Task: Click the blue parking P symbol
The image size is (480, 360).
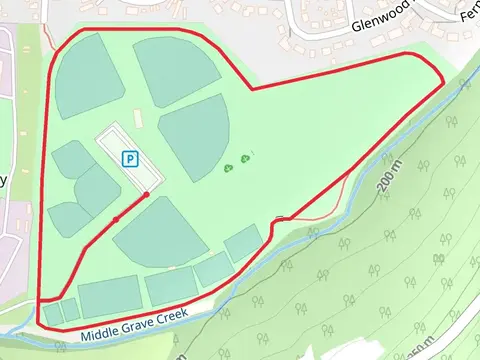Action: coord(129,158)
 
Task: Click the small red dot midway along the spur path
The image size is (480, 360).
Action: coord(117,217)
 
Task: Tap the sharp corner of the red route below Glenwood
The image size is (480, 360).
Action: coord(251,89)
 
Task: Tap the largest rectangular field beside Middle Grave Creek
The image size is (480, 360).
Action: coord(108,298)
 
